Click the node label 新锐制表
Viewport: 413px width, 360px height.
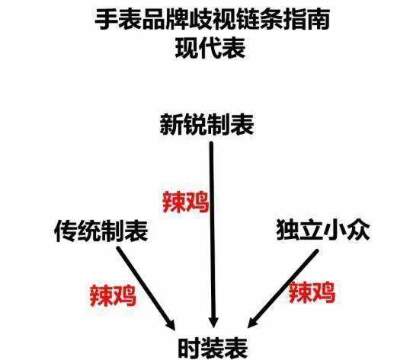(206, 125)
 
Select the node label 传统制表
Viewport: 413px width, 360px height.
(101, 231)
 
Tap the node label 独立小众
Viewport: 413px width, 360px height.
(323, 230)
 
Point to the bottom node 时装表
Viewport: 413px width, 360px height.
(213, 348)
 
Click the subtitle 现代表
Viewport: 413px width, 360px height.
(210, 48)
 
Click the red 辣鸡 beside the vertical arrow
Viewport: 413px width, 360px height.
(186, 202)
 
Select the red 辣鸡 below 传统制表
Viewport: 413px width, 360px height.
(113, 296)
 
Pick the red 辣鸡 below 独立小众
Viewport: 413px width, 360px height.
(312, 292)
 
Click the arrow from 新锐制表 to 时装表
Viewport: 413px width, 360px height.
(213, 234)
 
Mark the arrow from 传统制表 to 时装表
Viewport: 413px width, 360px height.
(146, 288)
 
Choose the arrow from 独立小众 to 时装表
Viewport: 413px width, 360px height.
(283, 288)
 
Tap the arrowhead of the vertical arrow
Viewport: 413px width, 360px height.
(213, 323)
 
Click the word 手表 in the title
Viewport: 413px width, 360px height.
(118, 20)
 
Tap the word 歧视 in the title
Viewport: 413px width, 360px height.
(212, 20)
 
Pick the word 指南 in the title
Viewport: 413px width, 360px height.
(306, 20)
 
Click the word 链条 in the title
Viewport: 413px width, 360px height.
(259, 20)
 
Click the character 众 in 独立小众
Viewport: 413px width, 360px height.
(359, 230)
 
